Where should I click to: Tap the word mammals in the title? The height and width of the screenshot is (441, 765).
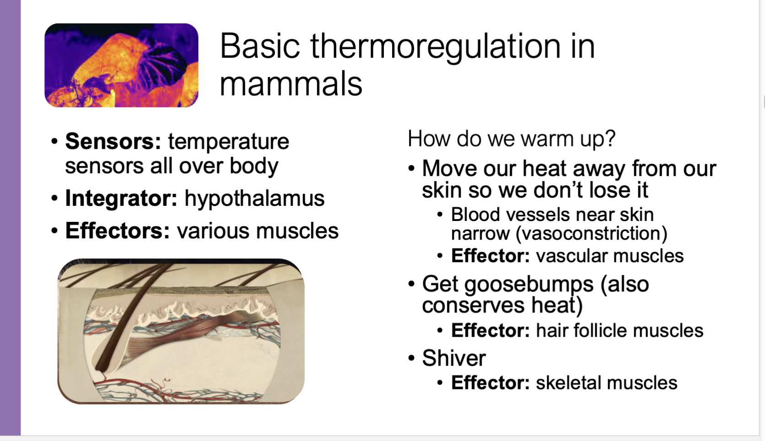(291, 84)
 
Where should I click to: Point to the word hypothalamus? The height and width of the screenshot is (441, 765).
(254, 198)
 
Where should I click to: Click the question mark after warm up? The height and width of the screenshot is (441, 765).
(610, 138)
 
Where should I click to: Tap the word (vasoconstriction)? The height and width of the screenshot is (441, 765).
(591, 234)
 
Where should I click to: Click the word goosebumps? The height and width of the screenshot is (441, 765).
(507, 284)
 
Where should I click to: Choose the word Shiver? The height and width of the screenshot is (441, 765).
(453, 358)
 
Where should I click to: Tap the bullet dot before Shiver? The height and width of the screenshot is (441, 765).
(411, 358)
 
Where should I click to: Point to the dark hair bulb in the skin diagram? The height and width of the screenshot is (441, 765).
(102, 364)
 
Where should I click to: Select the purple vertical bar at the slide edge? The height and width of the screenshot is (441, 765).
(10, 220)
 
